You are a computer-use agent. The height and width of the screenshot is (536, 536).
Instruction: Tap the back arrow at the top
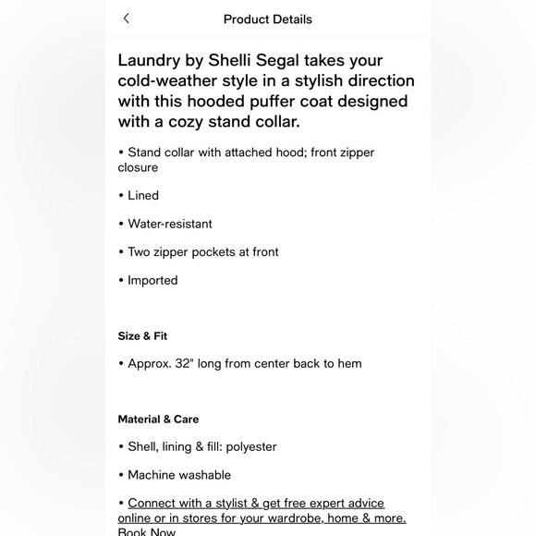127,18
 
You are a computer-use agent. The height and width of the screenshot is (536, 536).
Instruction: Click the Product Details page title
268,19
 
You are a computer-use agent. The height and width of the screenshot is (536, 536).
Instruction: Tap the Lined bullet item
142,196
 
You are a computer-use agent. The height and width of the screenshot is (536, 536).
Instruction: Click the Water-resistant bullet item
169,224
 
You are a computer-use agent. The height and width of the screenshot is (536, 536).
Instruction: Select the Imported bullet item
152,280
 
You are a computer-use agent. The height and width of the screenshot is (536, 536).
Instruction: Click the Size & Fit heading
142,336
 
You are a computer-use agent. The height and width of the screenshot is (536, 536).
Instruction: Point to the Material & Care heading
158,420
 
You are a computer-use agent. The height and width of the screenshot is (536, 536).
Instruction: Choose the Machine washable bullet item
179,475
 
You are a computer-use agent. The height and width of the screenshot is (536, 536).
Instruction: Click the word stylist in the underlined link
225,504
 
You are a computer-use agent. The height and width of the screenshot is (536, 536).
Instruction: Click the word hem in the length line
349,364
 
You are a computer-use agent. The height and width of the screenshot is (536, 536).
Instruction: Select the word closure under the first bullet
138,167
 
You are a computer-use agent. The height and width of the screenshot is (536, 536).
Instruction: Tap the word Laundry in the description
152,61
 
